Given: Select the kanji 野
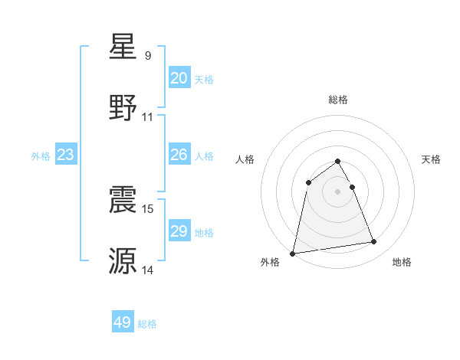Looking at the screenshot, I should pyautogui.click(x=123, y=108).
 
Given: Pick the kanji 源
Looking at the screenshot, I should pyautogui.click(x=123, y=260).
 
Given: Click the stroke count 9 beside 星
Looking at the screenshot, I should pyautogui.click(x=148, y=56).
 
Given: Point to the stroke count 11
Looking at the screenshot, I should pyautogui.click(x=148, y=117).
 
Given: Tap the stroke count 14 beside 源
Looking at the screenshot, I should pyautogui.click(x=148, y=270).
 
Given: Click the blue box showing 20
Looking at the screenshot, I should pyautogui.click(x=179, y=78).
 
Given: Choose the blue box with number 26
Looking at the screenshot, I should pyautogui.click(x=179, y=155).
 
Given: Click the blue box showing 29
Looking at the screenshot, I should pyautogui.click(x=179, y=231).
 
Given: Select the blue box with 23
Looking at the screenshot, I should pyautogui.click(x=66, y=155).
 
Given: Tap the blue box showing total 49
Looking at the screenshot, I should pyautogui.click(x=123, y=323).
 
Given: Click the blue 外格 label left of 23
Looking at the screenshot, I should pyautogui.click(x=41, y=156).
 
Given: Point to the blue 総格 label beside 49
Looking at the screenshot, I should pyautogui.click(x=147, y=324).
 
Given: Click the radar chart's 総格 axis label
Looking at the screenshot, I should pyautogui.click(x=338, y=100).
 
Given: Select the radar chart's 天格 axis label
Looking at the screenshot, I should pyautogui.click(x=431, y=159).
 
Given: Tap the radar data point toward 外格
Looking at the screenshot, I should pyautogui.click(x=293, y=253).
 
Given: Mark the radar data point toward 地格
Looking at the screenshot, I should pyautogui.click(x=374, y=242).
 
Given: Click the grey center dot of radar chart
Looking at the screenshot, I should pyautogui.click(x=338, y=191).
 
